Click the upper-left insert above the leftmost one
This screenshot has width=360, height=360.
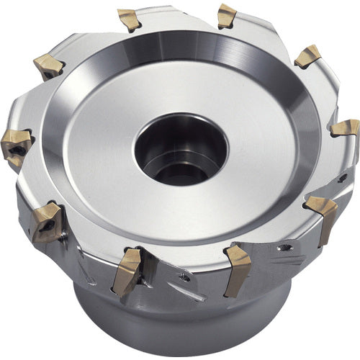pos(49,66)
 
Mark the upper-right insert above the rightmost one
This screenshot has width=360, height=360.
pos(308,55)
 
